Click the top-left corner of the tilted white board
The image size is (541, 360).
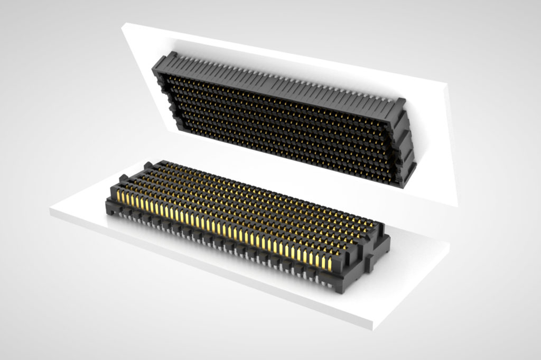click(124, 24)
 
